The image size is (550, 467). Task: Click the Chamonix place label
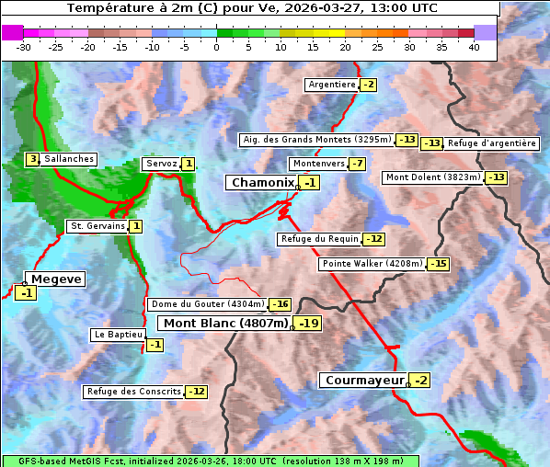point(262,183)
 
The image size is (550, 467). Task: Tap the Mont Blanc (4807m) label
point(225,324)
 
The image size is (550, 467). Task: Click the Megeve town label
point(56,279)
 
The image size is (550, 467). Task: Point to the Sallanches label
point(69,159)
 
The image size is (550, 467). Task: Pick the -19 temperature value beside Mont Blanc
point(307,324)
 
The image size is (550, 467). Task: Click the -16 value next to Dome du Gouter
point(280,304)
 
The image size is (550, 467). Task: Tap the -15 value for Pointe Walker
point(438,264)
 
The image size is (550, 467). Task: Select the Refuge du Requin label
point(318,239)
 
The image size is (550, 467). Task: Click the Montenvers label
point(318,164)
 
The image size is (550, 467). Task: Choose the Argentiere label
point(332,85)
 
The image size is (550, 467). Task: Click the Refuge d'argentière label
point(491,143)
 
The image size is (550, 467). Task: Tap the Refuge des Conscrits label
point(133,392)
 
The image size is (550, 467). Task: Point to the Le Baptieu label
point(117,335)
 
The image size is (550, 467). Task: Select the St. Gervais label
point(97,226)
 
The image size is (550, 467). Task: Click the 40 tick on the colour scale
point(474,47)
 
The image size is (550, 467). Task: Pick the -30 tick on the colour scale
point(24,47)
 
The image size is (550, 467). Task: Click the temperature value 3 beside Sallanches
point(32,159)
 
